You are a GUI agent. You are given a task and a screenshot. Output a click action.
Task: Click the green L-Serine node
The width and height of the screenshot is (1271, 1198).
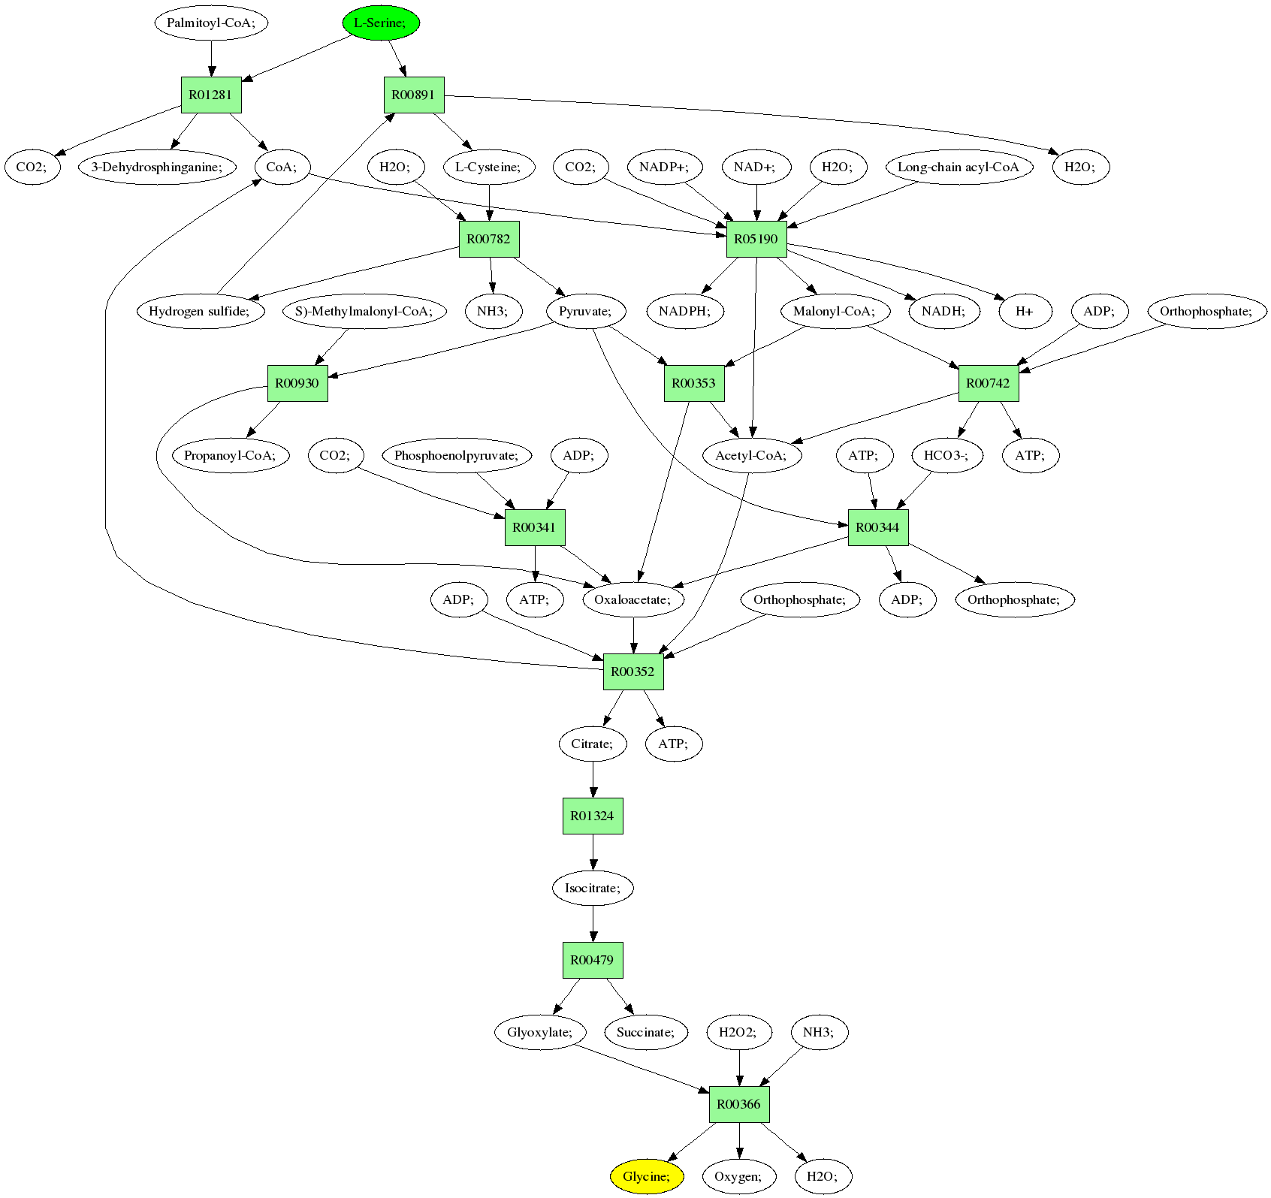pyautogui.click(x=381, y=23)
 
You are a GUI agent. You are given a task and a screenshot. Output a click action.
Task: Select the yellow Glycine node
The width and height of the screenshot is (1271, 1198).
pyautogui.click(x=647, y=1176)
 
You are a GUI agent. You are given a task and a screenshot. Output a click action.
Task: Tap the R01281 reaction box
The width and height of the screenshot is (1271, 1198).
pyautogui.click(x=211, y=95)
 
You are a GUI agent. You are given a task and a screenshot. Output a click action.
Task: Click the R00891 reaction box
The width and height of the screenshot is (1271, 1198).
pyautogui.click(x=414, y=95)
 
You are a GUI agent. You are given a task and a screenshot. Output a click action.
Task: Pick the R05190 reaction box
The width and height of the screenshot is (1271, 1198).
pyautogui.click(x=756, y=240)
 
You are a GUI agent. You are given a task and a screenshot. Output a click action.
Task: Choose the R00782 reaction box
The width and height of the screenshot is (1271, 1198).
pyautogui.click(x=489, y=240)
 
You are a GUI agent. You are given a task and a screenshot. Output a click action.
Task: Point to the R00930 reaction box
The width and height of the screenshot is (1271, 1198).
pyautogui.click(x=297, y=384)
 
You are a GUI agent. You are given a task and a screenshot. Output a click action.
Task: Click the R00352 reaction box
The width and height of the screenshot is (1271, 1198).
pyautogui.click(x=633, y=672)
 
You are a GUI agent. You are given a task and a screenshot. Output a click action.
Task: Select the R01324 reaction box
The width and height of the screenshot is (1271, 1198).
pyautogui.click(x=593, y=816)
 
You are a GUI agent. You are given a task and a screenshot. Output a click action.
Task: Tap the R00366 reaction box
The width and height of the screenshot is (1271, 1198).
pyautogui.click(x=739, y=1104)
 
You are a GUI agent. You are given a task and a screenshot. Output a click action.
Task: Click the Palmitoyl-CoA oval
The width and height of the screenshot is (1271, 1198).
pyautogui.click(x=211, y=23)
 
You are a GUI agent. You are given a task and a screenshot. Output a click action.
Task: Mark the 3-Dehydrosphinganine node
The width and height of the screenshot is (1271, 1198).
pyautogui.click(x=157, y=167)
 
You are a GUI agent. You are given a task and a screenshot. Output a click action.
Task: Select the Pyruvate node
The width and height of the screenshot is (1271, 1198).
pyautogui.click(x=586, y=311)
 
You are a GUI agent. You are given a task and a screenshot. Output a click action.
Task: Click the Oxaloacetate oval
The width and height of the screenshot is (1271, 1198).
pyautogui.click(x=633, y=599)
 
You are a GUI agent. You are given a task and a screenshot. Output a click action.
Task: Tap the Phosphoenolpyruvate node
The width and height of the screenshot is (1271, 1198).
pyautogui.click(x=457, y=455)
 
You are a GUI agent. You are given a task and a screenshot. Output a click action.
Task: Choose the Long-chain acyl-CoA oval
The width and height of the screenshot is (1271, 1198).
pyautogui.click(x=959, y=167)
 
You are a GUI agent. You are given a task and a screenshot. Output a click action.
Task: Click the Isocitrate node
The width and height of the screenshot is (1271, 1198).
pyautogui.click(x=593, y=888)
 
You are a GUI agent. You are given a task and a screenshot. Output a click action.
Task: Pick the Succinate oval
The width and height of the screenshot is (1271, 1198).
pyautogui.click(x=646, y=1032)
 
